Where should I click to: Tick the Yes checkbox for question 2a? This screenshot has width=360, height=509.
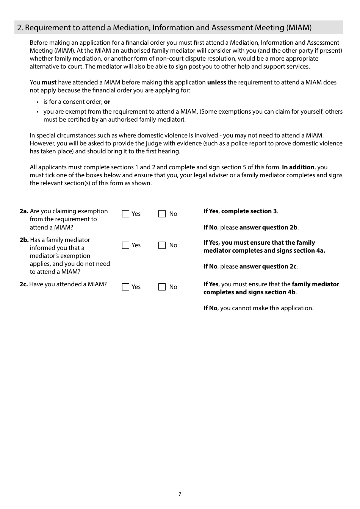[126, 214]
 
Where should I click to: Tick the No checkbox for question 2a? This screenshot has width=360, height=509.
[162, 214]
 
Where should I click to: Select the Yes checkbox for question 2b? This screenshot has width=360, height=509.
[126, 245]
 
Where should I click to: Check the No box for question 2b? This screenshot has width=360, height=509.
[162, 245]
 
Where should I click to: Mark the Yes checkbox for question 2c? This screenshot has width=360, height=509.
[126, 287]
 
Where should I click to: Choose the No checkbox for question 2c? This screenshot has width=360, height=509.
[162, 287]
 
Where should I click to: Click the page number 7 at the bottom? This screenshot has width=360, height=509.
[180, 494]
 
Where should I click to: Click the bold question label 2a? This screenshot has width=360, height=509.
[24, 211]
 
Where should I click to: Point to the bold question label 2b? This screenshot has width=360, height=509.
[24, 240]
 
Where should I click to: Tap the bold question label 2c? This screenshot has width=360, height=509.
[23, 284]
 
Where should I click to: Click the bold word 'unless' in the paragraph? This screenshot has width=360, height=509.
[216, 83]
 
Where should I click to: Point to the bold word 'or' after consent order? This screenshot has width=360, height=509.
[107, 102]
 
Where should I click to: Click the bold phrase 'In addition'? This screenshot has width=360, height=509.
[298, 167]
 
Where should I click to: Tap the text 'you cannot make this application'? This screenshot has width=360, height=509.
[267, 308]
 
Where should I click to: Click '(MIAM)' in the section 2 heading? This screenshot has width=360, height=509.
[299, 28]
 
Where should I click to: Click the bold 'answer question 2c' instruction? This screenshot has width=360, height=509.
[268, 267]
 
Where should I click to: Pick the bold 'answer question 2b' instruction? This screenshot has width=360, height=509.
[268, 228]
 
